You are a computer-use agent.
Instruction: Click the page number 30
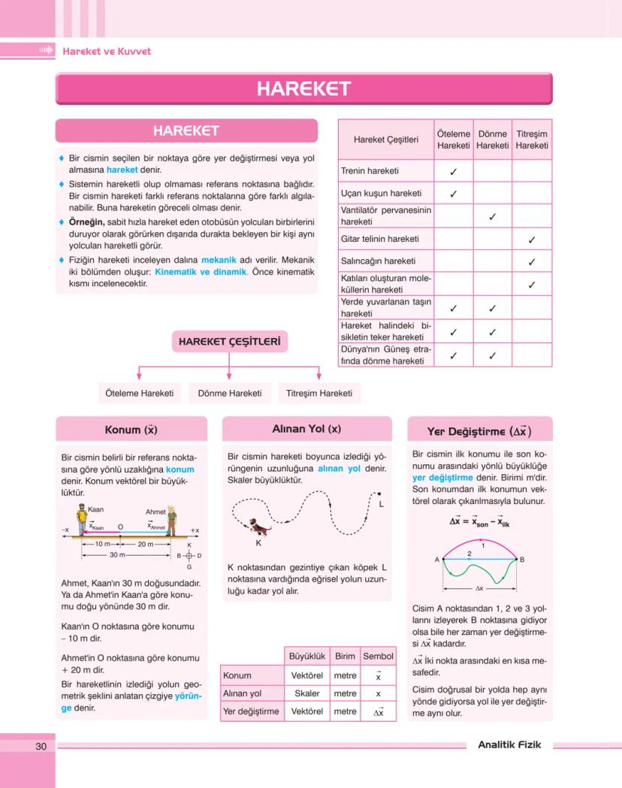[x=41, y=746]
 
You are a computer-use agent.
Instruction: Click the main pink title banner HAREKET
[x=303, y=89]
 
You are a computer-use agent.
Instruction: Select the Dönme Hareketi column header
[x=492, y=139]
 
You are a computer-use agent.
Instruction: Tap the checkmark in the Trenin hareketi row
[x=453, y=171]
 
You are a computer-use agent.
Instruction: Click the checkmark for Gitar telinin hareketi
[x=531, y=240]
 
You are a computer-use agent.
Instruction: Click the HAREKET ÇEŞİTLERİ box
[x=230, y=343]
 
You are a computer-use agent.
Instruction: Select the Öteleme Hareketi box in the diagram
[x=140, y=393]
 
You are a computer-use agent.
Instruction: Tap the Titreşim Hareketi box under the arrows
[x=319, y=393]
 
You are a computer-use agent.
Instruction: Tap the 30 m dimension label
[x=118, y=554]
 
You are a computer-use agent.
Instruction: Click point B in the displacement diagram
[x=521, y=559]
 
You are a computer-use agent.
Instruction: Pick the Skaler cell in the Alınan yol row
[x=306, y=694]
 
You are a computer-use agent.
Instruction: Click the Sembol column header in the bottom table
[x=378, y=656]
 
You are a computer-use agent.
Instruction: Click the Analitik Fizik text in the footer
[x=509, y=745]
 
